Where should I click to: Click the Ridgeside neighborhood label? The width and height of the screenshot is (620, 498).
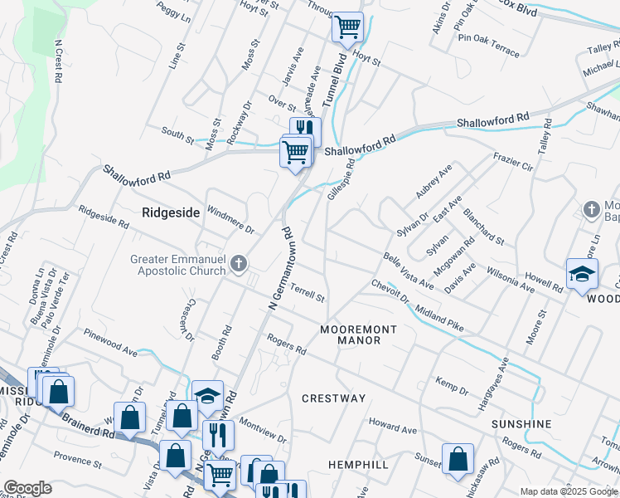[171, 212]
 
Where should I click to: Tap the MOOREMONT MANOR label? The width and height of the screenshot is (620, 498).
[359, 335]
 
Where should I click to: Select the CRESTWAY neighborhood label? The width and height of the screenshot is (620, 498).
[333, 398]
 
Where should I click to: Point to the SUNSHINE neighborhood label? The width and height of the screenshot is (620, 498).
[521, 424]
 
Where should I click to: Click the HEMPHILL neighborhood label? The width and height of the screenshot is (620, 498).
[358, 464]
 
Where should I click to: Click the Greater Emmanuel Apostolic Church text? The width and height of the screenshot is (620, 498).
[178, 265]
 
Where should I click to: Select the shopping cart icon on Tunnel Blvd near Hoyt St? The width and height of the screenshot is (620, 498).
[348, 27]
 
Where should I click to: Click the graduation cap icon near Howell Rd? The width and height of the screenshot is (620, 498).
[582, 274]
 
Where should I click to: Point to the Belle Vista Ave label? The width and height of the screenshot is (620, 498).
[409, 271]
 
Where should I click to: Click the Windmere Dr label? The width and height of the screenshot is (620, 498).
[230, 221]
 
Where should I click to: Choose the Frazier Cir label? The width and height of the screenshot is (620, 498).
[512, 160]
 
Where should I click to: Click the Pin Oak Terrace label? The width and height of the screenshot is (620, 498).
[488, 46]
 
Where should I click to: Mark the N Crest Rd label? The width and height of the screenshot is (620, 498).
[58, 61]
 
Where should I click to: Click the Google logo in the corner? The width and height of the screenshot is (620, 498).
[27, 488]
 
